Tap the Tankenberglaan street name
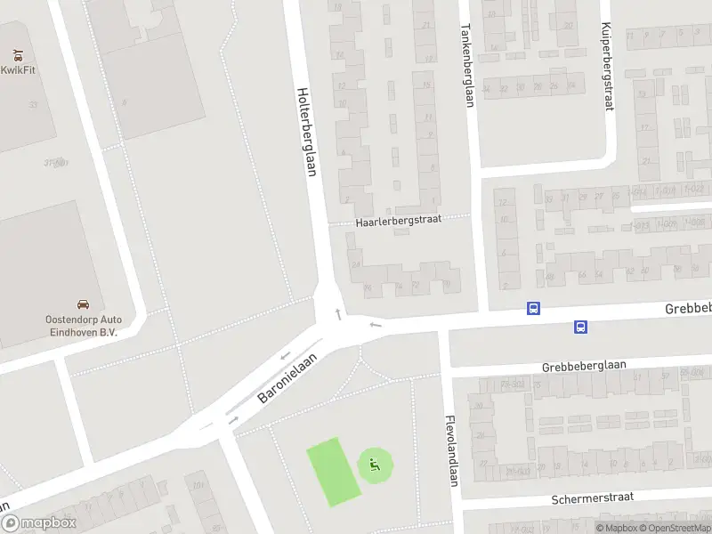pos(465,65)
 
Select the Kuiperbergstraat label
pos(607,66)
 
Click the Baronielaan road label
pos(287,378)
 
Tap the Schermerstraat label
pos(592,498)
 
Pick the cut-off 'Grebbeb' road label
pos(688,308)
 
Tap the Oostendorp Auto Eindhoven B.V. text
pos(83,326)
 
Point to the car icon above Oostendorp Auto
pos(83,304)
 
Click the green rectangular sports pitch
pos(331,471)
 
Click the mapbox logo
pos(39,523)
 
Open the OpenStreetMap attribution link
pos(675,528)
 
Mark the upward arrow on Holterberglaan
pos(338,313)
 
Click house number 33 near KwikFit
pos(34,105)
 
